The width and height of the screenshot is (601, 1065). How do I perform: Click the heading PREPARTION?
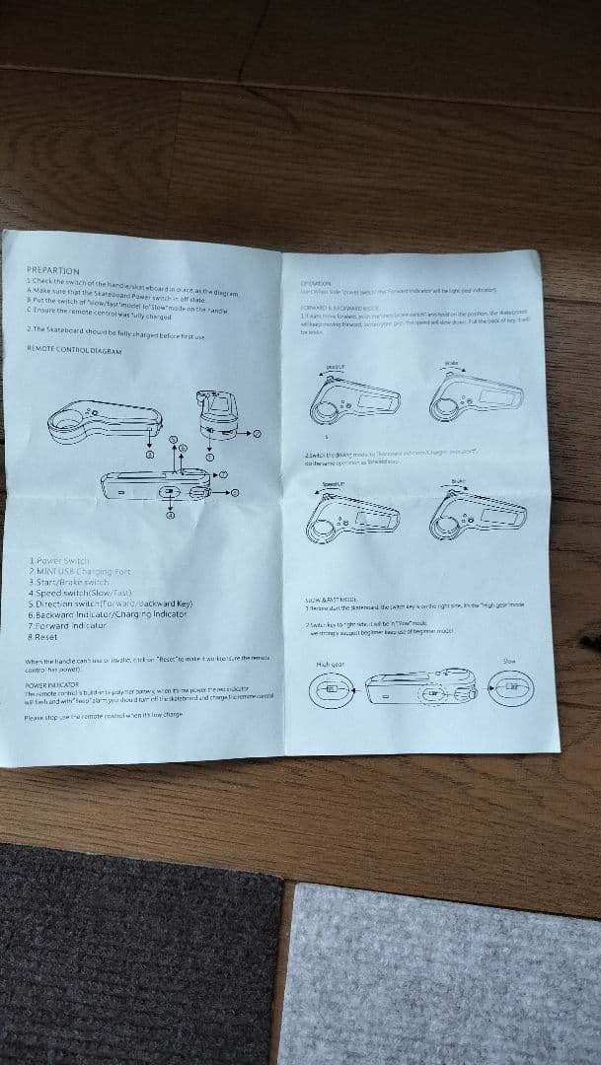coord(53,269)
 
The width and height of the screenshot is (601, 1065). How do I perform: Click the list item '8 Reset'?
coord(45,637)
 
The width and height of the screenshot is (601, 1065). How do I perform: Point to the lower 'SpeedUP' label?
coord(333,484)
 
